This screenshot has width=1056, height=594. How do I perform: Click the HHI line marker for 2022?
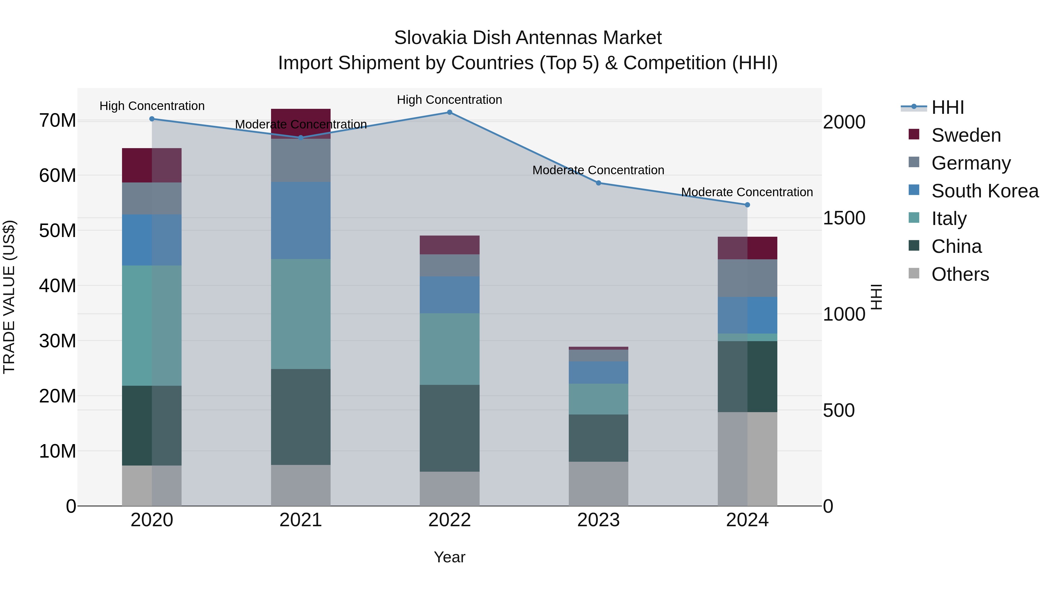point(449,112)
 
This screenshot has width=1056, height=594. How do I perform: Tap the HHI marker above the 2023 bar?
point(598,183)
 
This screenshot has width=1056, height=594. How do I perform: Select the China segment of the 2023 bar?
point(598,438)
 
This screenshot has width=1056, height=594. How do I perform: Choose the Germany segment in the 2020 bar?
point(152,198)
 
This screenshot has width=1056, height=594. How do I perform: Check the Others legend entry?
point(960,274)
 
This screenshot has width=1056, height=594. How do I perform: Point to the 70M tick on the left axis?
point(57,121)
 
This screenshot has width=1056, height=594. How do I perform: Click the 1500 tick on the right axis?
point(844,218)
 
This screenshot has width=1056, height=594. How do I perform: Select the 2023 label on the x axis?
point(598,520)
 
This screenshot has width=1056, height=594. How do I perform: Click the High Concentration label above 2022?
point(449,100)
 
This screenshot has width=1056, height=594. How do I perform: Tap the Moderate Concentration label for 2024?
point(747,192)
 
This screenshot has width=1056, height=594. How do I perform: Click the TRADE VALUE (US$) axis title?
point(9,297)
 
